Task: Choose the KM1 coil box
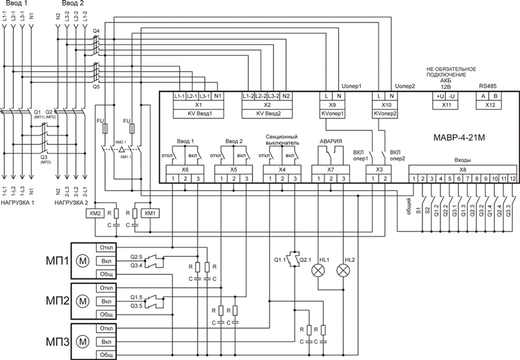click(150, 212)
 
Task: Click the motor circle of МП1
click(82, 261)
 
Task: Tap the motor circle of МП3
click(82, 341)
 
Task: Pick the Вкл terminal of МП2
click(107, 301)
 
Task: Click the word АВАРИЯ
click(330, 141)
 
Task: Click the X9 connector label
click(332, 104)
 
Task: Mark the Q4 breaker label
click(96, 31)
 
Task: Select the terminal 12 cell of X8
click(513, 178)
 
